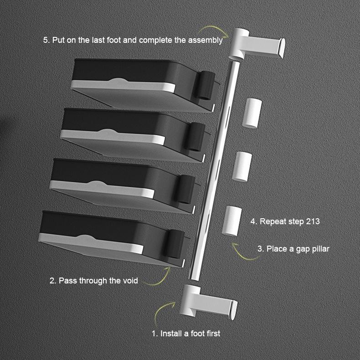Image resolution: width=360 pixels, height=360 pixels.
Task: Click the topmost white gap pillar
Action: [x=252, y=112]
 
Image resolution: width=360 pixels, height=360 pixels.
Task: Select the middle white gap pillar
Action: [x=242, y=167]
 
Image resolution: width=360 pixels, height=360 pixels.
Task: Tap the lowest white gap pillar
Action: [x=232, y=221]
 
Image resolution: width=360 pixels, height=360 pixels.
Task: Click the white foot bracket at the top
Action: [x=258, y=43]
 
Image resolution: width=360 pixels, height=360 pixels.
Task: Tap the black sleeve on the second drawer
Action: [x=197, y=136]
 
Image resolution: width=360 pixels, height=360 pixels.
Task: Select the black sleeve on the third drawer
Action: [x=187, y=189]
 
